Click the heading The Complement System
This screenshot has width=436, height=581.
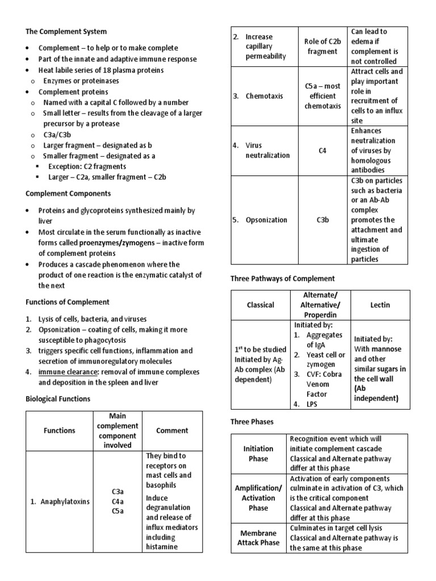point(66,31)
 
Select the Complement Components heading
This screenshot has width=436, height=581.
point(68,193)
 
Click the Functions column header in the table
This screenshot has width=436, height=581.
point(59,430)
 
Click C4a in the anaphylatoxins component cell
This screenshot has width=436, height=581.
point(118,501)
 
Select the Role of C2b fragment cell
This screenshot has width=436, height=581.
point(322,47)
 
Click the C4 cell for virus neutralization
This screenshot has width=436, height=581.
point(322,151)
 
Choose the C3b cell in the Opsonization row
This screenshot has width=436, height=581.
point(322,220)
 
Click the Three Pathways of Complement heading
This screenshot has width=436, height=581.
point(282,279)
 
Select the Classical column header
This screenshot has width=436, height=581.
point(260,305)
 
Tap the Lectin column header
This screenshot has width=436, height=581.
point(380,305)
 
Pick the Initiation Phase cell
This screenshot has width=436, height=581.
point(258,453)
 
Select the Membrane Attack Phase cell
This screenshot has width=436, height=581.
point(258,538)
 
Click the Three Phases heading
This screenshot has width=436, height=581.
point(251,422)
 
